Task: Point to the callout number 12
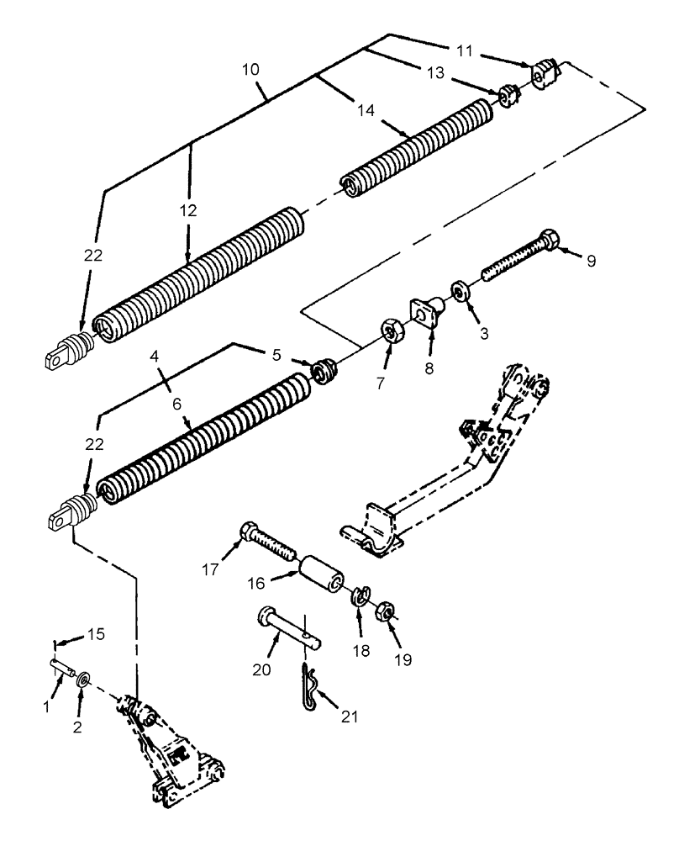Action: tap(187, 211)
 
